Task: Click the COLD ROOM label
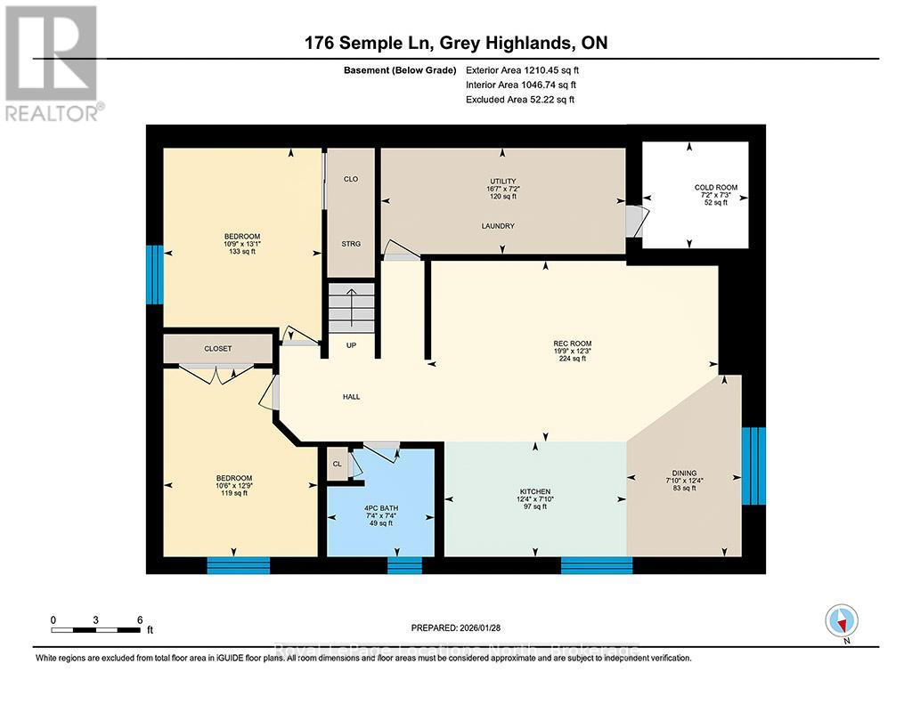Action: pyautogui.click(x=716, y=188)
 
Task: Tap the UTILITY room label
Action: pyautogui.click(x=504, y=182)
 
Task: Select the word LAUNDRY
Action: pyautogui.click(x=498, y=226)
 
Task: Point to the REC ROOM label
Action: pyautogui.click(x=572, y=344)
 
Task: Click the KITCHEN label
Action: pyautogui.click(x=535, y=492)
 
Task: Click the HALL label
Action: pyautogui.click(x=351, y=397)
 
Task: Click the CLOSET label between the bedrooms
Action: pyautogui.click(x=218, y=349)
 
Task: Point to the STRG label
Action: pyautogui.click(x=351, y=244)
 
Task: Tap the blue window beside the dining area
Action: pyautogui.click(x=753, y=465)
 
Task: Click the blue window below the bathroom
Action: pyautogui.click(x=404, y=565)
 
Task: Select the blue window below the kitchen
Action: pyautogui.click(x=596, y=565)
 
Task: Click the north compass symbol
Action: pyautogui.click(x=841, y=619)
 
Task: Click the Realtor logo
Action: pyautogui.click(x=53, y=63)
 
